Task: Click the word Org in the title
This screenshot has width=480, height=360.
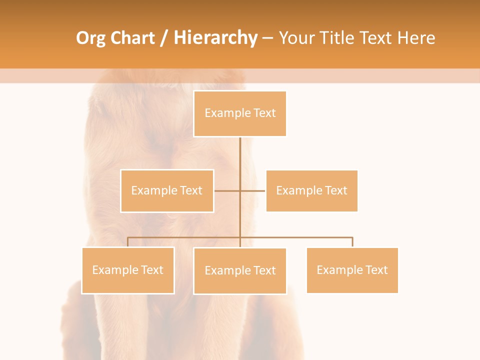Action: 90,38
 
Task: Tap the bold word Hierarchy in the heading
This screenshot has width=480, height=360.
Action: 215,38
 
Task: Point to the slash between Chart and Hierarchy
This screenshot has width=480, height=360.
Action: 164,38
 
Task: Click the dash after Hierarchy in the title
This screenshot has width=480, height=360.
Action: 267,38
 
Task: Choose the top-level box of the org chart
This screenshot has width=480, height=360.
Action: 240,113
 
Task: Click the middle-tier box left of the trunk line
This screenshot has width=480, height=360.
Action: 167,190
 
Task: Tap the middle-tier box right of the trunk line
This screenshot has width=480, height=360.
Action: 311,190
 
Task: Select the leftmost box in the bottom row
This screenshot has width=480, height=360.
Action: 128,270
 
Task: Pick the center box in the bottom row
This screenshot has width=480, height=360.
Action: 240,270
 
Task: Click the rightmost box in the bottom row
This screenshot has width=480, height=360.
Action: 352,270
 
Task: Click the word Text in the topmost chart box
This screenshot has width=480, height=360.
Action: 265,113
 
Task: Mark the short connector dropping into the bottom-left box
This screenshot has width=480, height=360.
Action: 128,242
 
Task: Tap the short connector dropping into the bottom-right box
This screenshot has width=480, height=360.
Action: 352,242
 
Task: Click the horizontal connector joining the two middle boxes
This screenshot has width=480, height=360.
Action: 252,190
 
